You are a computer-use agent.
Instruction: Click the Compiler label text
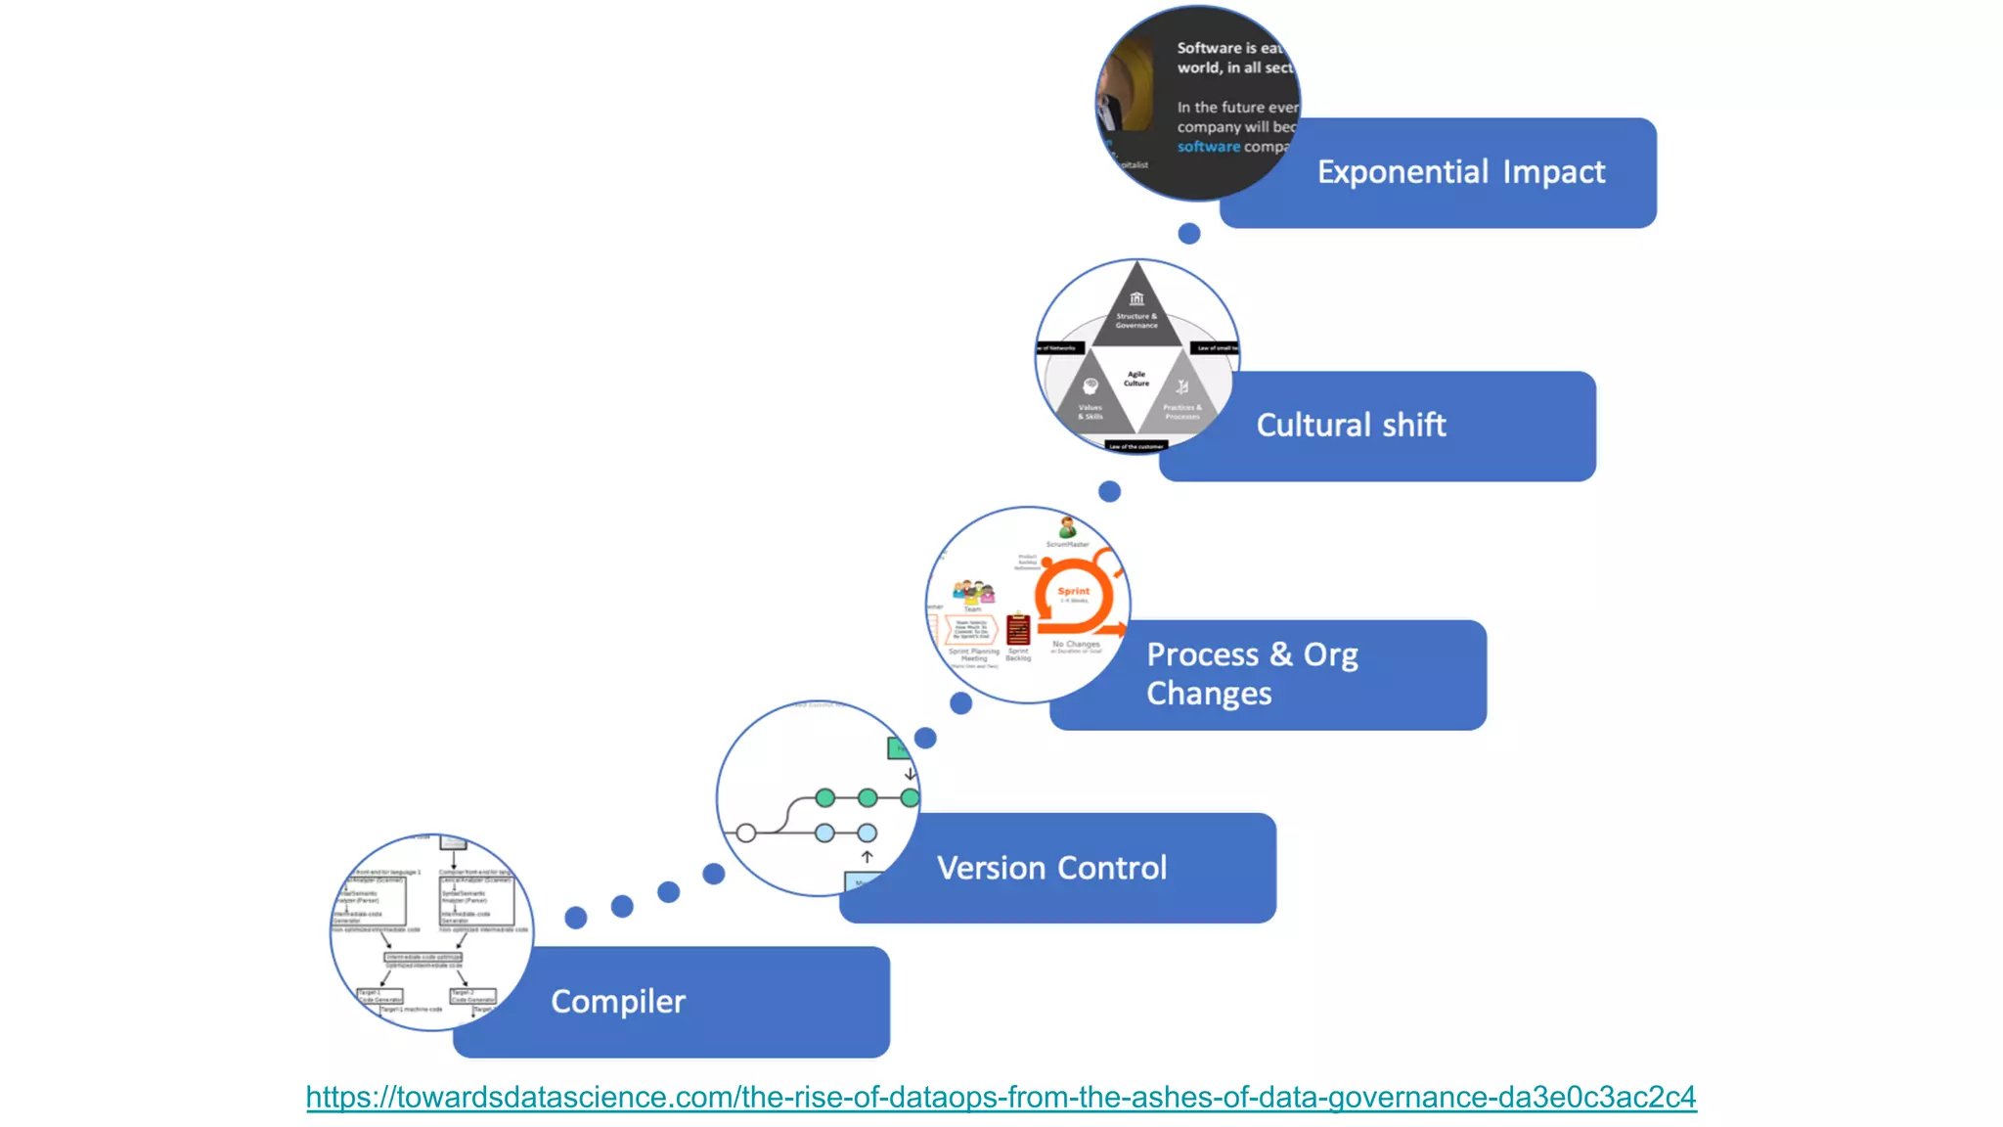pyautogui.click(x=618, y=1002)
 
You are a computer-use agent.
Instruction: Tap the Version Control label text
pyautogui.click(x=1051, y=868)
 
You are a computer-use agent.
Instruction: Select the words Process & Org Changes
pyautogui.click(x=1251, y=673)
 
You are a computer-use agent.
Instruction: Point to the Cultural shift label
pyautogui.click(x=1351, y=425)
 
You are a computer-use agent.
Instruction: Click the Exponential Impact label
pyautogui.click(x=1460, y=172)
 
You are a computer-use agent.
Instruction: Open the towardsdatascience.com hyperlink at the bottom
pyautogui.click(x=1001, y=1097)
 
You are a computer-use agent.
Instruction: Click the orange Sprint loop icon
pyautogui.click(x=1074, y=594)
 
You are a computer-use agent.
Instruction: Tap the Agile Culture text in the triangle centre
pyautogui.click(x=1136, y=379)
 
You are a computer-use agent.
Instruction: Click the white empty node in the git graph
pyautogui.click(x=746, y=834)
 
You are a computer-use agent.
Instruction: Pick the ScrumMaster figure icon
pyautogui.click(x=1068, y=527)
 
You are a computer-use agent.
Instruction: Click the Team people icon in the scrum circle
pyautogui.click(x=973, y=591)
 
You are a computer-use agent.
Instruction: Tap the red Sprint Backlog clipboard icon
pyautogui.click(x=1018, y=629)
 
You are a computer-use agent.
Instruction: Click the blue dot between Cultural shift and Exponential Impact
pyautogui.click(x=1189, y=233)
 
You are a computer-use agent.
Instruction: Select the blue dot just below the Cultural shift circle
pyautogui.click(x=1109, y=491)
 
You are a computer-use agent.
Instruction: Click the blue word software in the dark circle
pyautogui.click(x=1208, y=147)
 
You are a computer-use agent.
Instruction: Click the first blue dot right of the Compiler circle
pyautogui.click(x=576, y=918)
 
